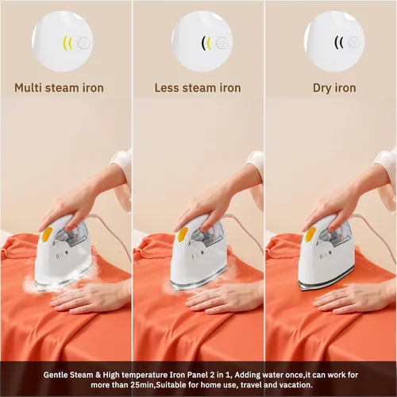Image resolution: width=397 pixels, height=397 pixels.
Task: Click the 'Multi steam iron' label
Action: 59,87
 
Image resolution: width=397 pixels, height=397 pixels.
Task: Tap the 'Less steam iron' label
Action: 198,87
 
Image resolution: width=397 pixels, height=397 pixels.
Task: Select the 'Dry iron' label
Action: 334,88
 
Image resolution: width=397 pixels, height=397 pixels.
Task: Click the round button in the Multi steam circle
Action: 84,43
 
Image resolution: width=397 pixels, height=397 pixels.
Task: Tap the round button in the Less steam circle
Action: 222,43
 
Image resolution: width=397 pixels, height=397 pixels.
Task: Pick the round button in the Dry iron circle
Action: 354,42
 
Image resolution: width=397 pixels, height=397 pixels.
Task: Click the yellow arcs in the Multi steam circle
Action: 67,43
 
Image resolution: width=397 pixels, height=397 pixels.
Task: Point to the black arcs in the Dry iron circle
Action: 338,42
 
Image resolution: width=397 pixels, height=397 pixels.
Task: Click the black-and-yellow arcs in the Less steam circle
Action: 206,43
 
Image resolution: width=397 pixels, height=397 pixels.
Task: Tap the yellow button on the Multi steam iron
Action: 47,234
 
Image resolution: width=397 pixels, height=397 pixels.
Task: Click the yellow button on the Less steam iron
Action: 183,234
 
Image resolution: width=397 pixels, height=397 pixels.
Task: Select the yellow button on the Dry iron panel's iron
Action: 310,234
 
